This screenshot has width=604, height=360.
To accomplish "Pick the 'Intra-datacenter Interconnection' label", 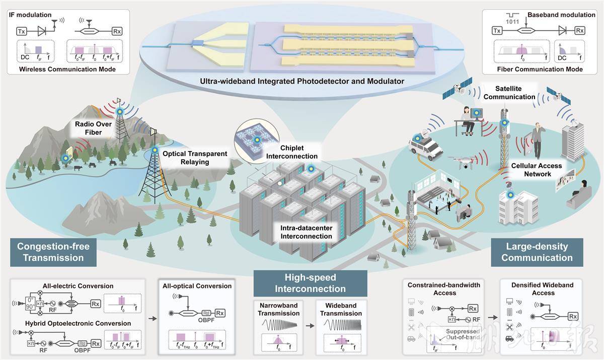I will (306, 232).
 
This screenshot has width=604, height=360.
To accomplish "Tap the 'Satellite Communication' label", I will (509, 93).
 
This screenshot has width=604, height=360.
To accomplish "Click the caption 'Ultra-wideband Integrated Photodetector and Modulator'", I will (301, 81).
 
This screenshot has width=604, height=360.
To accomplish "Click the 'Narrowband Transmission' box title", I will (279, 309).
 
